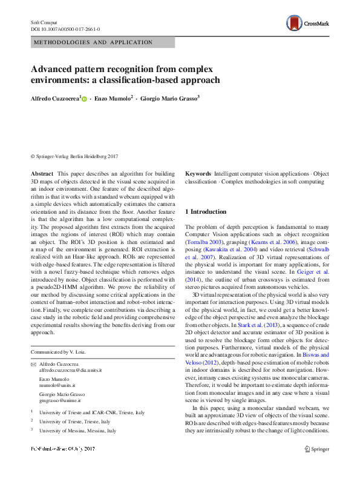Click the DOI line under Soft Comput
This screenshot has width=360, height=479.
coord(65,29)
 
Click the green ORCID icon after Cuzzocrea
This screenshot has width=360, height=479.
coord(84,98)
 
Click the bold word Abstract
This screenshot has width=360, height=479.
coord(42,173)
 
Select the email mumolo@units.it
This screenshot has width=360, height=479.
coord(57,385)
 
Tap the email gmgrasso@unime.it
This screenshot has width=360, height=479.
coord(61,400)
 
